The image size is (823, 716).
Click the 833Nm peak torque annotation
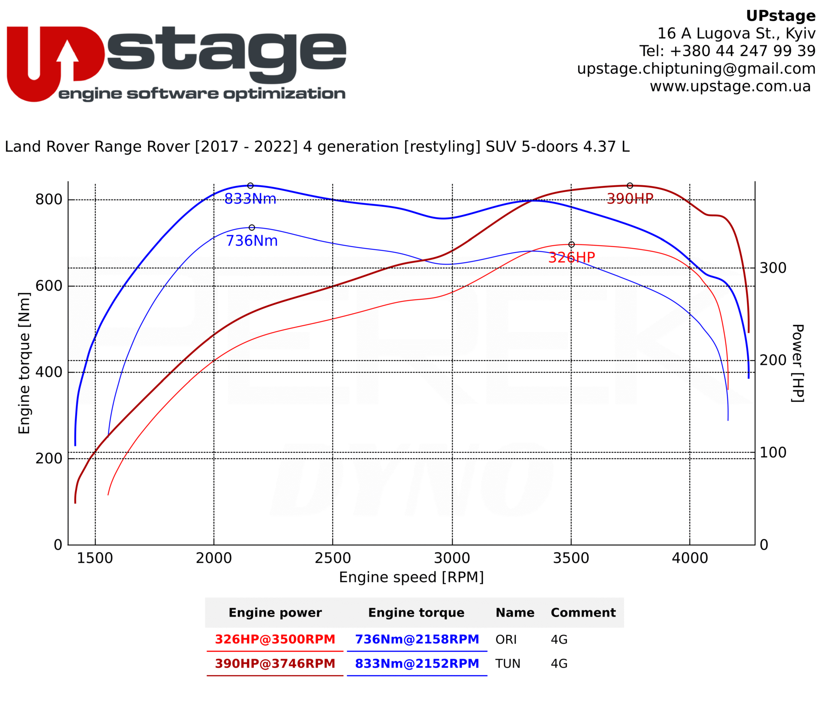[x=250, y=199]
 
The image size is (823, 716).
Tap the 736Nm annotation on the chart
[x=252, y=241]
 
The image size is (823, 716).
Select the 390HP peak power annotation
[x=630, y=199]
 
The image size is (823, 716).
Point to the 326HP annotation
[x=571, y=258]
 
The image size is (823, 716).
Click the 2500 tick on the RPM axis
[x=333, y=558]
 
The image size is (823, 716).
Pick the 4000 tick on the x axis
[x=690, y=558]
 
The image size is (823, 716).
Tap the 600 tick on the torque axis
[x=49, y=286]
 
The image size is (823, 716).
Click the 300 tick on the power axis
[x=773, y=268]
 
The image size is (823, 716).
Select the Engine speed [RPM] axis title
[x=411, y=578]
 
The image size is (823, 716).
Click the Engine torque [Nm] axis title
[x=24, y=363]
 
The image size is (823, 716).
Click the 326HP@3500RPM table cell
[x=275, y=639]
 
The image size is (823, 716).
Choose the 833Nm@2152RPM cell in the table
[x=417, y=664]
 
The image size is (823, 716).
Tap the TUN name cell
[x=508, y=664]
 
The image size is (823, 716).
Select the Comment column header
[x=583, y=613]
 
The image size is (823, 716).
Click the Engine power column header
[x=275, y=613]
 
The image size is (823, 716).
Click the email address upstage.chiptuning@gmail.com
[x=696, y=69]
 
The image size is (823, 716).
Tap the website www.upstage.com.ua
[x=730, y=86]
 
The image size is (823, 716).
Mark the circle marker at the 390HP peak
[x=630, y=186]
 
